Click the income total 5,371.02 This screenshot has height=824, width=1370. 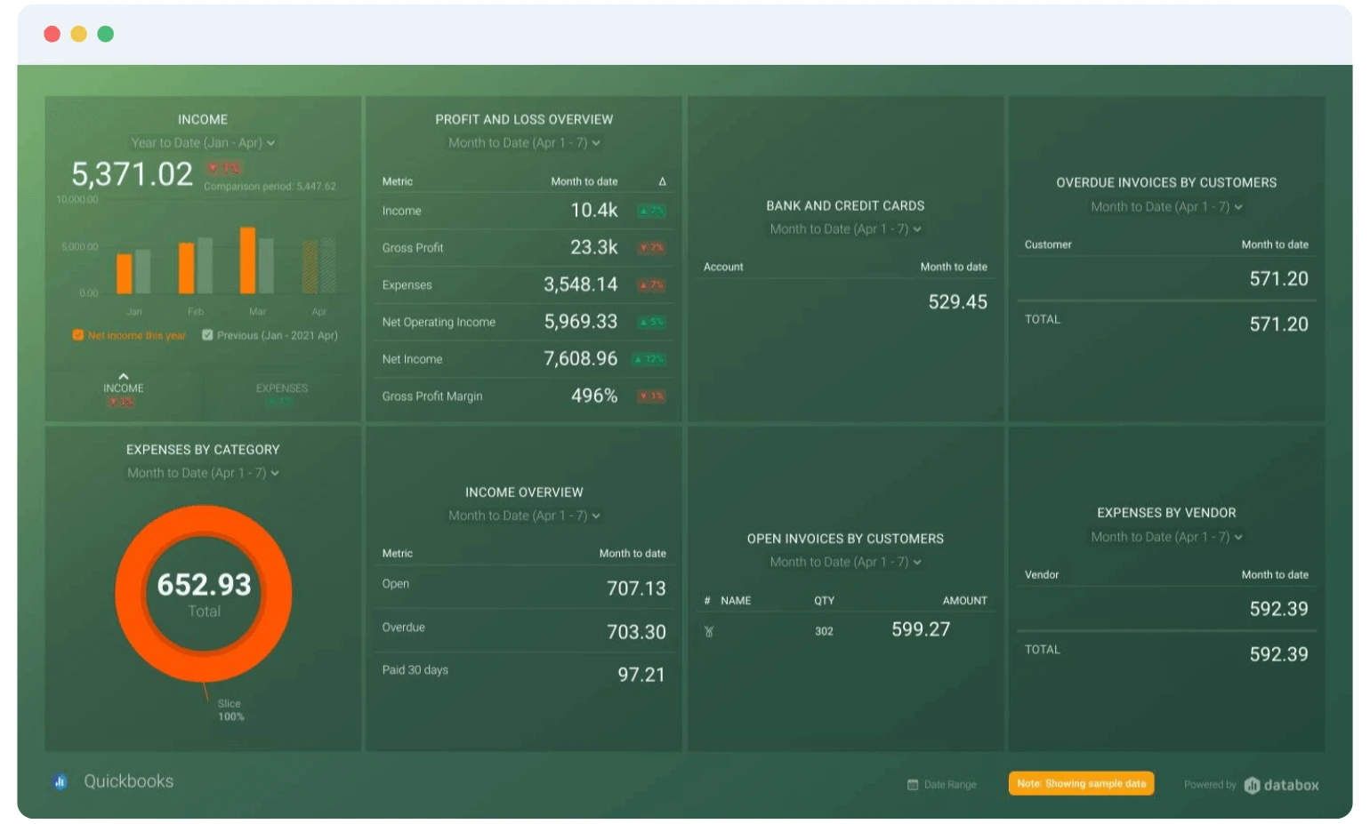(132, 174)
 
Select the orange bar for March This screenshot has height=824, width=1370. (247, 260)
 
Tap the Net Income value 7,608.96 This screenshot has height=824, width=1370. (580, 358)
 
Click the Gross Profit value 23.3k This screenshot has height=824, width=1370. (593, 247)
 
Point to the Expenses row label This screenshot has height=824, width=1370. (407, 285)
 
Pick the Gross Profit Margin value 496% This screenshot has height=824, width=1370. (593, 396)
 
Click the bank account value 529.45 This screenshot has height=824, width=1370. (957, 302)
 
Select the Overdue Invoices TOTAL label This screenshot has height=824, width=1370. (1042, 320)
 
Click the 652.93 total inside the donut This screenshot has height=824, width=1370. (204, 585)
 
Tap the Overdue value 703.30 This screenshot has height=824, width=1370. (636, 632)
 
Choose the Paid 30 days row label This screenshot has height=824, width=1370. (415, 670)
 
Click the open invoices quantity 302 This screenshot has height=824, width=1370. (824, 632)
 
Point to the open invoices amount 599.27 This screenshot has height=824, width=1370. (921, 629)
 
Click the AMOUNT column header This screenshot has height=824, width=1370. (964, 601)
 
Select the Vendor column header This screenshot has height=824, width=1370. (1041, 575)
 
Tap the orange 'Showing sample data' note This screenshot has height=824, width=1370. (1081, 783)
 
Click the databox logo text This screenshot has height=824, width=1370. (1291, 785)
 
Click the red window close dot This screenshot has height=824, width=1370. (52, 34)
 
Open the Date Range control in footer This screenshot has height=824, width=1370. (942, 784)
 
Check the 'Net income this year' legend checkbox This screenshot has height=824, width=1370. (78, 335)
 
